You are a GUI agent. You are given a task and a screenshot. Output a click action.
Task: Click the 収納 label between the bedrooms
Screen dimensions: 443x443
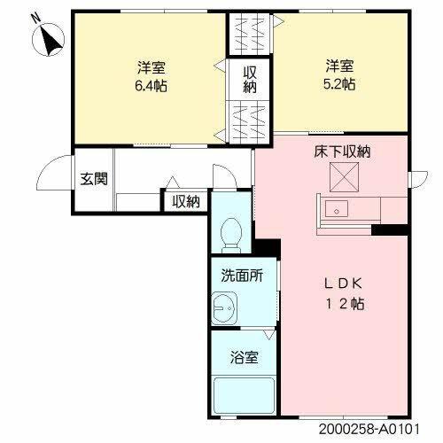coord(251,80)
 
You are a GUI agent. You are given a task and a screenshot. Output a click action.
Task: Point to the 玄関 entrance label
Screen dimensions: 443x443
coord(94,179)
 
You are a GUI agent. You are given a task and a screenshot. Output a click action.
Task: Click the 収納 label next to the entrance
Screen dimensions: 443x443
coord(186,202)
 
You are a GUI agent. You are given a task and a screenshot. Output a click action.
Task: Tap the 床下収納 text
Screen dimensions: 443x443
coord(341,152)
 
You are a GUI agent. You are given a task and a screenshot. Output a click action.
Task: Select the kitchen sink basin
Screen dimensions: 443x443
coord(338,211)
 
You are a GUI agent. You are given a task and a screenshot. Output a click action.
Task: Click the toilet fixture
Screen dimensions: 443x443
coord(231,233)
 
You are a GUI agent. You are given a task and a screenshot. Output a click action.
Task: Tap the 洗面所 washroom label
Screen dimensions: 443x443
coord(241,276)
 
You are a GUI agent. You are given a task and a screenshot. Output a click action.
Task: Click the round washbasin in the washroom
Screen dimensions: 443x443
coord(222,308)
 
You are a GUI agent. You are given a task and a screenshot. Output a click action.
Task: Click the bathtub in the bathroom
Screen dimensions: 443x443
coord(243,395)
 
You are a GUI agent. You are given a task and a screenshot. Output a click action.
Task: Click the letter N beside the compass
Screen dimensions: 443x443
coord(35,17)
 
